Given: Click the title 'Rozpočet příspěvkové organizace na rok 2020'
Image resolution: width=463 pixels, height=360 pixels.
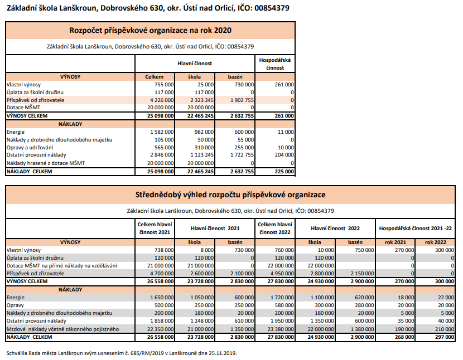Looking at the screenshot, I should click(150, 31).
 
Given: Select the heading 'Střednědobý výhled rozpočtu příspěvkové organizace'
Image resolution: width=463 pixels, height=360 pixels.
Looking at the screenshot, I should click(230, 195).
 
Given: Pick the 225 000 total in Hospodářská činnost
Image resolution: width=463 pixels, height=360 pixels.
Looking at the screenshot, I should click(283, 172).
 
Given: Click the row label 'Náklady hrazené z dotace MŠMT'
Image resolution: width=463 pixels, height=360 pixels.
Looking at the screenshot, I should click(42, 163).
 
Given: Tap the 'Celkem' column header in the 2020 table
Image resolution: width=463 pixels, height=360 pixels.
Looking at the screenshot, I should click(154, 76).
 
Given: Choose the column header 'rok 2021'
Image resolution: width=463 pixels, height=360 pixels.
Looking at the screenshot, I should click(396, 242).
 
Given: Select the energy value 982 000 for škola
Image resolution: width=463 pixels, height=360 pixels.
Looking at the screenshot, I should click(203, 132).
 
